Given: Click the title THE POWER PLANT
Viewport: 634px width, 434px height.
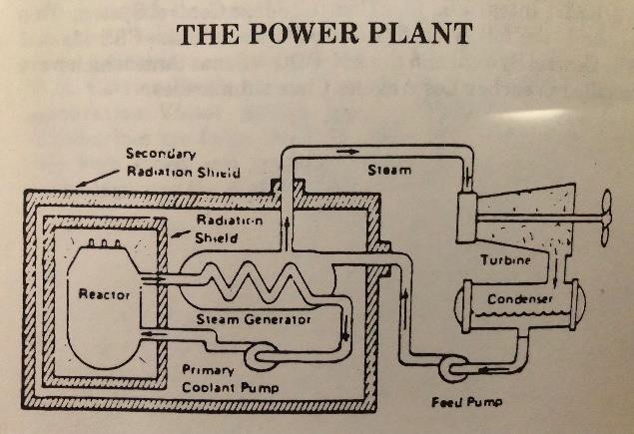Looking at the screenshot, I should [323, 33].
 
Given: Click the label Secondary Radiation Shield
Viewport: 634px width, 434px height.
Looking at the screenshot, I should [182, 163].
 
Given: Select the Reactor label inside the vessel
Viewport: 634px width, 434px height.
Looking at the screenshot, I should [98, 294].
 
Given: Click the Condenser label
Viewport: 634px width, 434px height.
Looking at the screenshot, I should [513, 299].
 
